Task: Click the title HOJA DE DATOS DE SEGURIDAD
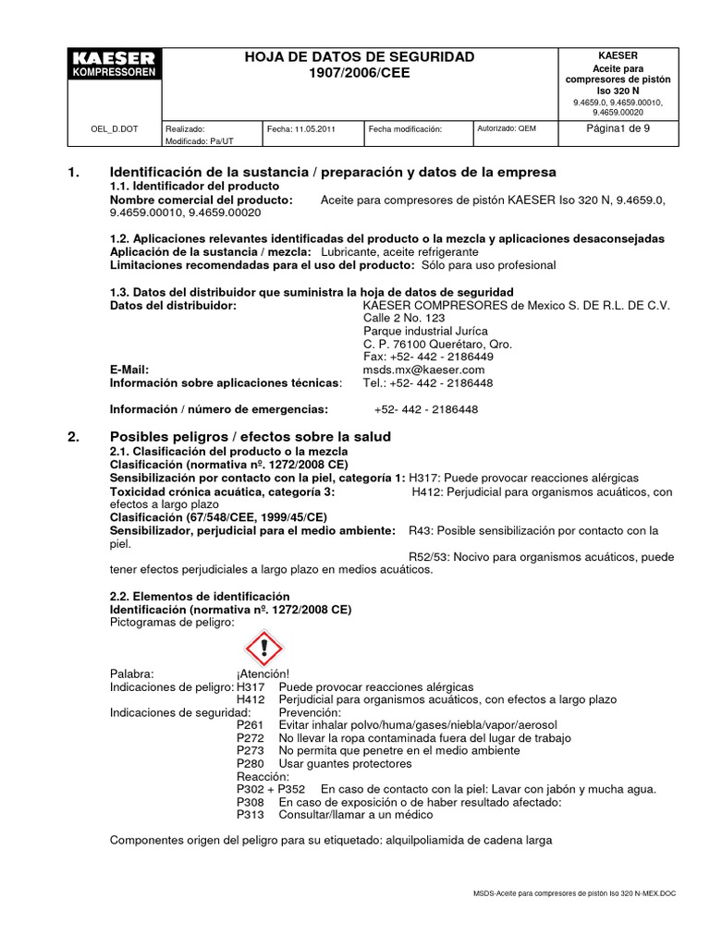[x=359, y=57]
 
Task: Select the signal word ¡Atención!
[x=263, y=674]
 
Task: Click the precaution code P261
[x=251, y=725]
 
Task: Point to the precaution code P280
[x=251, y=763]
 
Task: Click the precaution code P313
[x=251, y=815]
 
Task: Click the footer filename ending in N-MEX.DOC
[x=574, y=895]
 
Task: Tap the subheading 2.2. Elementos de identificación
[x=200, y=597]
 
